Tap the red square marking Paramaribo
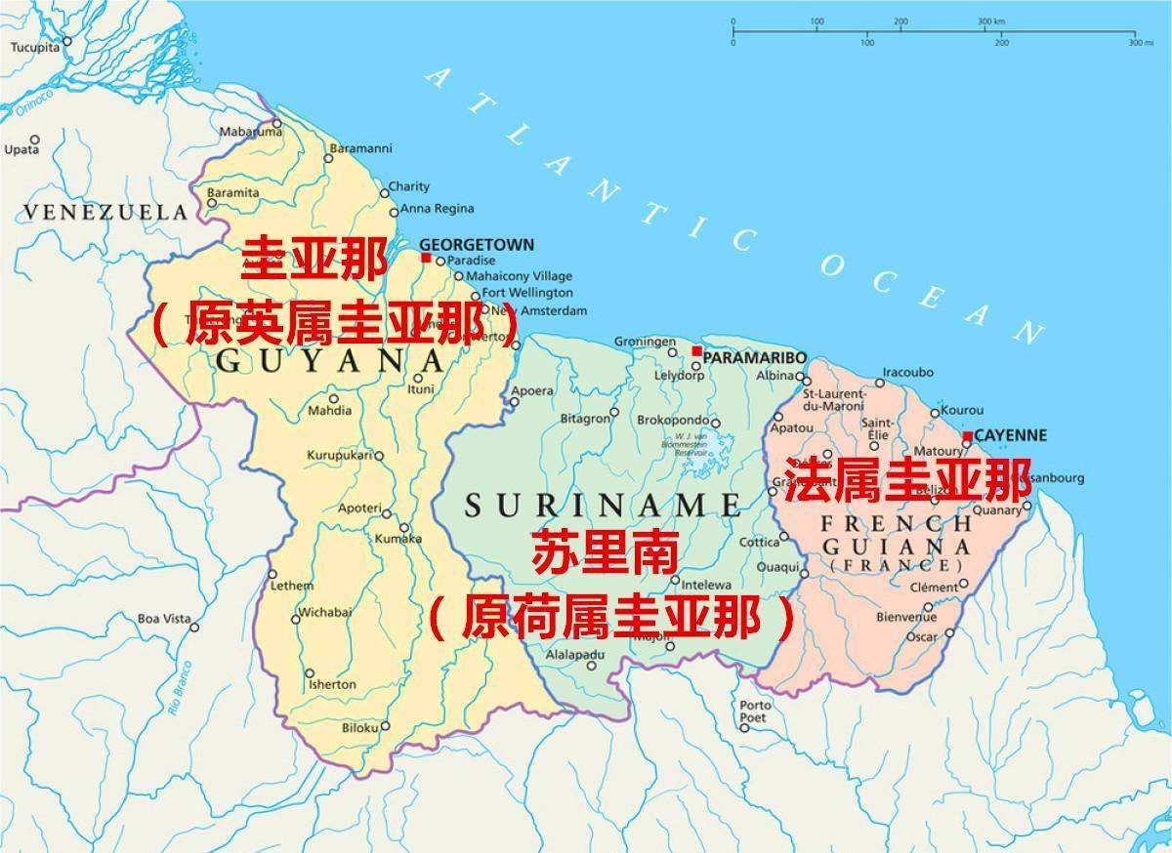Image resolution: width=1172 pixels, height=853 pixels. tap(696, 351)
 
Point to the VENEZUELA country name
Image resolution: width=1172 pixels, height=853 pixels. tap(105, 212)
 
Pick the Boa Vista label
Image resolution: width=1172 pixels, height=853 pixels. tap(164, 619)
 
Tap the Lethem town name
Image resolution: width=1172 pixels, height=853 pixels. tap(292, 586)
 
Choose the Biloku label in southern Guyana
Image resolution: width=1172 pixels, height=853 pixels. tap(359, 728)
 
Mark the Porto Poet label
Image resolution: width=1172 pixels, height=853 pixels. tap(755, 711)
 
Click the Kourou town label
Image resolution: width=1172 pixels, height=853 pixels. tap(964, 410)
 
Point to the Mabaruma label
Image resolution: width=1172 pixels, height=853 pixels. tap(244, 131)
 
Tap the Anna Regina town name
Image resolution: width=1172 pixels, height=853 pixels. tap(438, 208)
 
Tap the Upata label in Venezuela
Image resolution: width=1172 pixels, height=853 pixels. tap(21, 149)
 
